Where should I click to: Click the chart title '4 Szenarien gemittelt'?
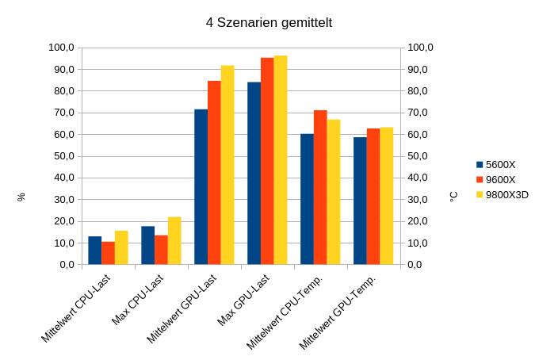point(269,22)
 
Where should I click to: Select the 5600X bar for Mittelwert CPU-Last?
point(95,251)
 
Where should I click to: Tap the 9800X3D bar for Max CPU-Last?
point(174,241)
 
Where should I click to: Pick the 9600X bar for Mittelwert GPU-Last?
point(214,173)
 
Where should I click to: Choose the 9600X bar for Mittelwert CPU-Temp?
point(320,187)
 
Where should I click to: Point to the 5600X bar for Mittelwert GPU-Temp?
point(360,201)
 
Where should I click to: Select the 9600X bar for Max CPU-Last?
point(161,250)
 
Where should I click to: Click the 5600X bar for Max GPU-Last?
point(254,173)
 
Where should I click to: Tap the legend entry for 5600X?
point(500,165)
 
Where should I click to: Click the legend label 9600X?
point(500,179)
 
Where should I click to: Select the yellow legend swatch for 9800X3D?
point(480,194)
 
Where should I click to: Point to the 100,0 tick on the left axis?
point(61,48)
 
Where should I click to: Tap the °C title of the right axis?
point(453,196)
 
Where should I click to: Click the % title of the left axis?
point(21,196)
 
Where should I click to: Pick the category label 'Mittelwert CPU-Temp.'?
point(285,311)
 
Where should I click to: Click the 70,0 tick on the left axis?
point(63,113)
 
